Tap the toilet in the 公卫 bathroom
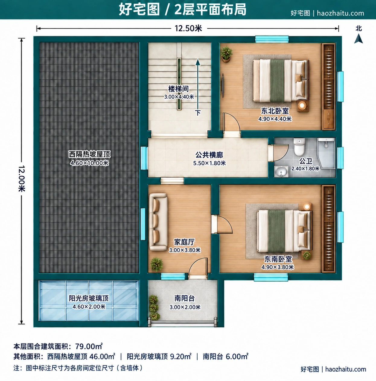pos(299,147)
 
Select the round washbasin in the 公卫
pos(281,171)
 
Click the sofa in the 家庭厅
pos(158,222)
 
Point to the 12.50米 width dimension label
pos(188,28)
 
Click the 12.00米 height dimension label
pos(21,179)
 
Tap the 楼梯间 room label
pos(178,89)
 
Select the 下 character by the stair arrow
pos(198,113)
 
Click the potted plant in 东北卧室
pos(226,54)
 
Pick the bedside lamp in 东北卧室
pos(302,105)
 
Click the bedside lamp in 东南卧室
pos(307,207)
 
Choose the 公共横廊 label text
pos(209,155)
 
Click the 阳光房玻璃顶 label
pos(89,298)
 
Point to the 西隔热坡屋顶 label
pos(89,154)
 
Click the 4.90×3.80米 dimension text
pos(278,267)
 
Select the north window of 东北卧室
pos(272,39)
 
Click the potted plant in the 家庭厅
pos(157,264)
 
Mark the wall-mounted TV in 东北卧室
pos(223,85)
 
